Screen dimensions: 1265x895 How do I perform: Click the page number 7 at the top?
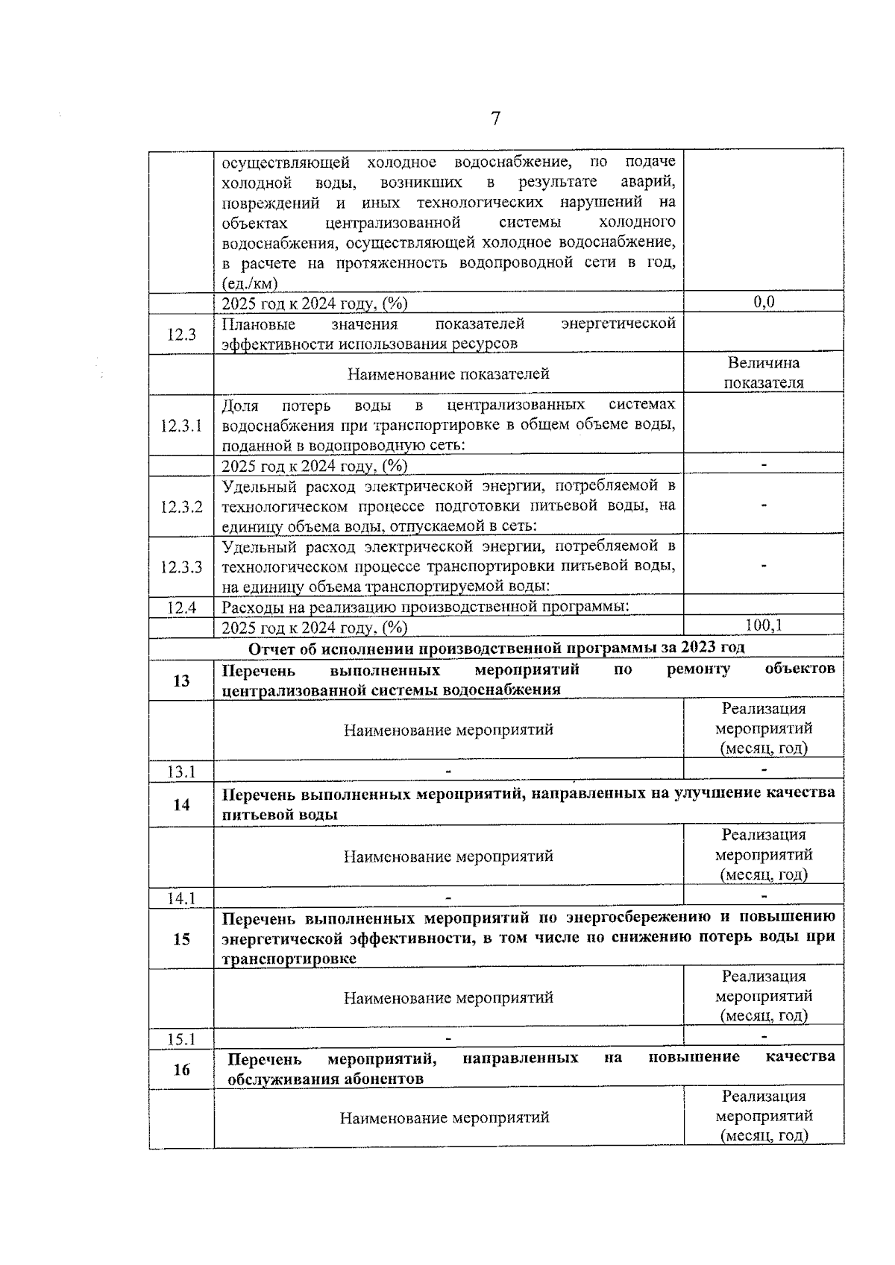pyautogui.click(x=495, y=119)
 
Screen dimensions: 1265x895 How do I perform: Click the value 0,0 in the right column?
pyautogui.click(x=764, y=301)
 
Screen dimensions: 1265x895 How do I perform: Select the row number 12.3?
pyautogui.click(x=181, y=334)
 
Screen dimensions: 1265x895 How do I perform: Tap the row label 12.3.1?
pyautogui.click(x=181, y=426)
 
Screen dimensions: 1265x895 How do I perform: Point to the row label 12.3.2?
pyautogui.click(x=181, y=507)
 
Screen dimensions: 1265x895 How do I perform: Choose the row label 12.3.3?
pyautogui.click(x=181, y=567)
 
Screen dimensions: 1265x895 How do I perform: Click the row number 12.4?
pyautogui.click(x=181, y=607)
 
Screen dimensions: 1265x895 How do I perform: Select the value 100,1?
pyautogui.click(x=764, y=625)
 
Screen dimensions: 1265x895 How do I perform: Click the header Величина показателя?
pyautogui.click(x=764, y=373)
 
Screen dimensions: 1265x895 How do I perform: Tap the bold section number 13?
pyautogui.click(x=181, y=680)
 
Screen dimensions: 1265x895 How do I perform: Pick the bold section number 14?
pyautogui.click(x=181, y=804)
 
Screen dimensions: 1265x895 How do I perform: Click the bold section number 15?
pyautogui.click(x=181, y=939)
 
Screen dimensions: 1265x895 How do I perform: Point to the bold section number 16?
pyautogui.click(x=181, y=1070)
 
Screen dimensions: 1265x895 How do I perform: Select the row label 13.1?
pyautogui.click(x=181, y=772)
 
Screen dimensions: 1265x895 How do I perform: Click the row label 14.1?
pyautogui.click(x=181, y=898)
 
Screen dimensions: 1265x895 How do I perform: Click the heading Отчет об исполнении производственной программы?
pyautogui.click(x=496, y=647)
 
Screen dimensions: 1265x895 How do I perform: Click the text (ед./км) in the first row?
pyautogui.click(x=250, y=283)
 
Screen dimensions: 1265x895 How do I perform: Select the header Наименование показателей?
pyautogui.click(x=448, y=373)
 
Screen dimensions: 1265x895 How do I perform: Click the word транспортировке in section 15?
pyautogui.click(x=289, y=959)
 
